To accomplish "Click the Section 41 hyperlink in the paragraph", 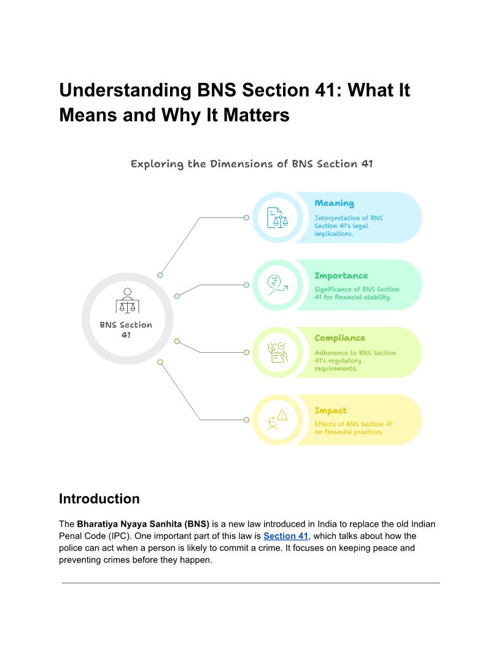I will tap(285, 536).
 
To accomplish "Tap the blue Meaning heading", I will tap(334, 203).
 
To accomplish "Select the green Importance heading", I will tap(341, 276).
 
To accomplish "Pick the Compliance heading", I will tap(340, 338).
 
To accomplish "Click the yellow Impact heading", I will tap(330, 411).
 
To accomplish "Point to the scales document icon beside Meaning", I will tap(277, 218).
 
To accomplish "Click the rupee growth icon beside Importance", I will tap(277, 285).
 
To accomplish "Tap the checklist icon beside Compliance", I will tap(277, 352).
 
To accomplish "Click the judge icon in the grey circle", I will tap(127, 301).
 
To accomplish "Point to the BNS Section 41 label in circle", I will tap(126, 330).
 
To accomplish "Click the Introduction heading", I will tap(99, 498).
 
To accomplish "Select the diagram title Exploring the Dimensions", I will tap(252, 164).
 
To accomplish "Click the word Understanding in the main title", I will tap(125, 90).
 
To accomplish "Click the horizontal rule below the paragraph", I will tap(251, 583).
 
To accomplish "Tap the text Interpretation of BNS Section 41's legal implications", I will tap(348, 226).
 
